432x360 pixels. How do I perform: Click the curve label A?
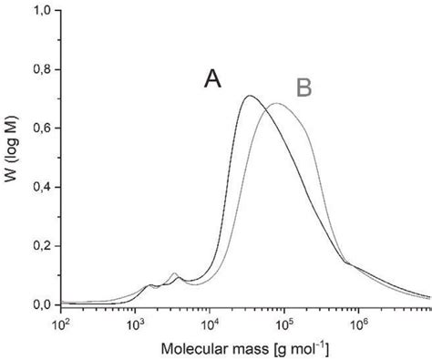point(212,80)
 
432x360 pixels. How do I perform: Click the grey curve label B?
point(304,87)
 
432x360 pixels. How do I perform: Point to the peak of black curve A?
point(250,96)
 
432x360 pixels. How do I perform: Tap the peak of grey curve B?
point(276,104)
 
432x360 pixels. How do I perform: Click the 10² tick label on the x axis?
point(62,322)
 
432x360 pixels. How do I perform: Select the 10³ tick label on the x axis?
point(136,322)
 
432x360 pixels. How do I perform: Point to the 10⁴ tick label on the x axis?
point(210,322)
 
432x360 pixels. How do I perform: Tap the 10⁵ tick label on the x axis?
point(283,322)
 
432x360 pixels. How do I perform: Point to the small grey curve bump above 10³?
point(174,273)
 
